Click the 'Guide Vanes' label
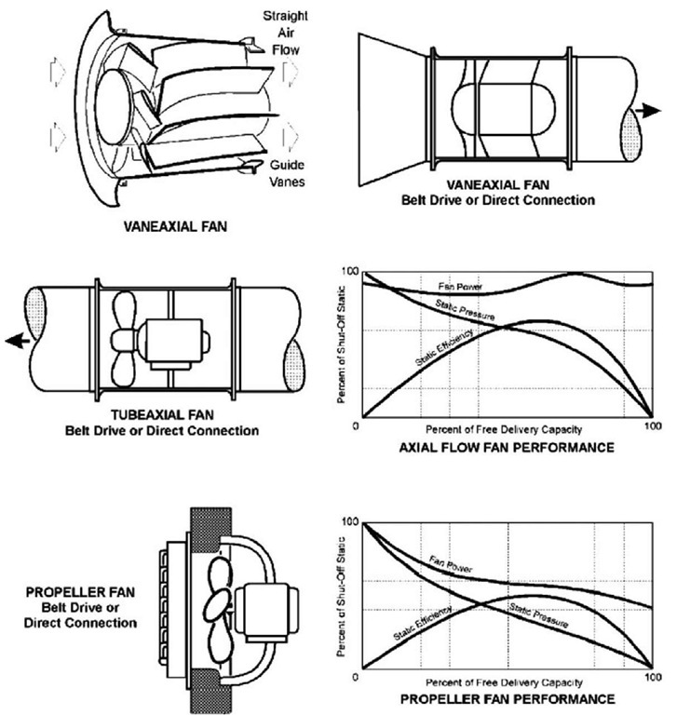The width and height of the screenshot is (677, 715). (x=287, y=173)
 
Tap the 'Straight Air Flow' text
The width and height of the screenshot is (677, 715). (x=286, y=33)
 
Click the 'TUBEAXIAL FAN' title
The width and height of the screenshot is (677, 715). (x=162, y=415)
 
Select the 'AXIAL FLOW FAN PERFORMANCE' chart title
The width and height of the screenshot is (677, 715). (x=507, y=447)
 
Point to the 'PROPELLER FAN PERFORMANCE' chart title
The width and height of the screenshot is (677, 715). (x=508, y=699)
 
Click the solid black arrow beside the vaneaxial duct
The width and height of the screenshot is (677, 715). (x=647, y=111)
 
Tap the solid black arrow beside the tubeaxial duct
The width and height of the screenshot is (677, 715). (x=18, y=340)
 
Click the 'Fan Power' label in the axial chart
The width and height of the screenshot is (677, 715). (x=460, y=287)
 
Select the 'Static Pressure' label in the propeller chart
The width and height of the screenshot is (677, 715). (x=539, y=615)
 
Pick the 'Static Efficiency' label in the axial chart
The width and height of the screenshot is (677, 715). (x=444, y=348)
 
